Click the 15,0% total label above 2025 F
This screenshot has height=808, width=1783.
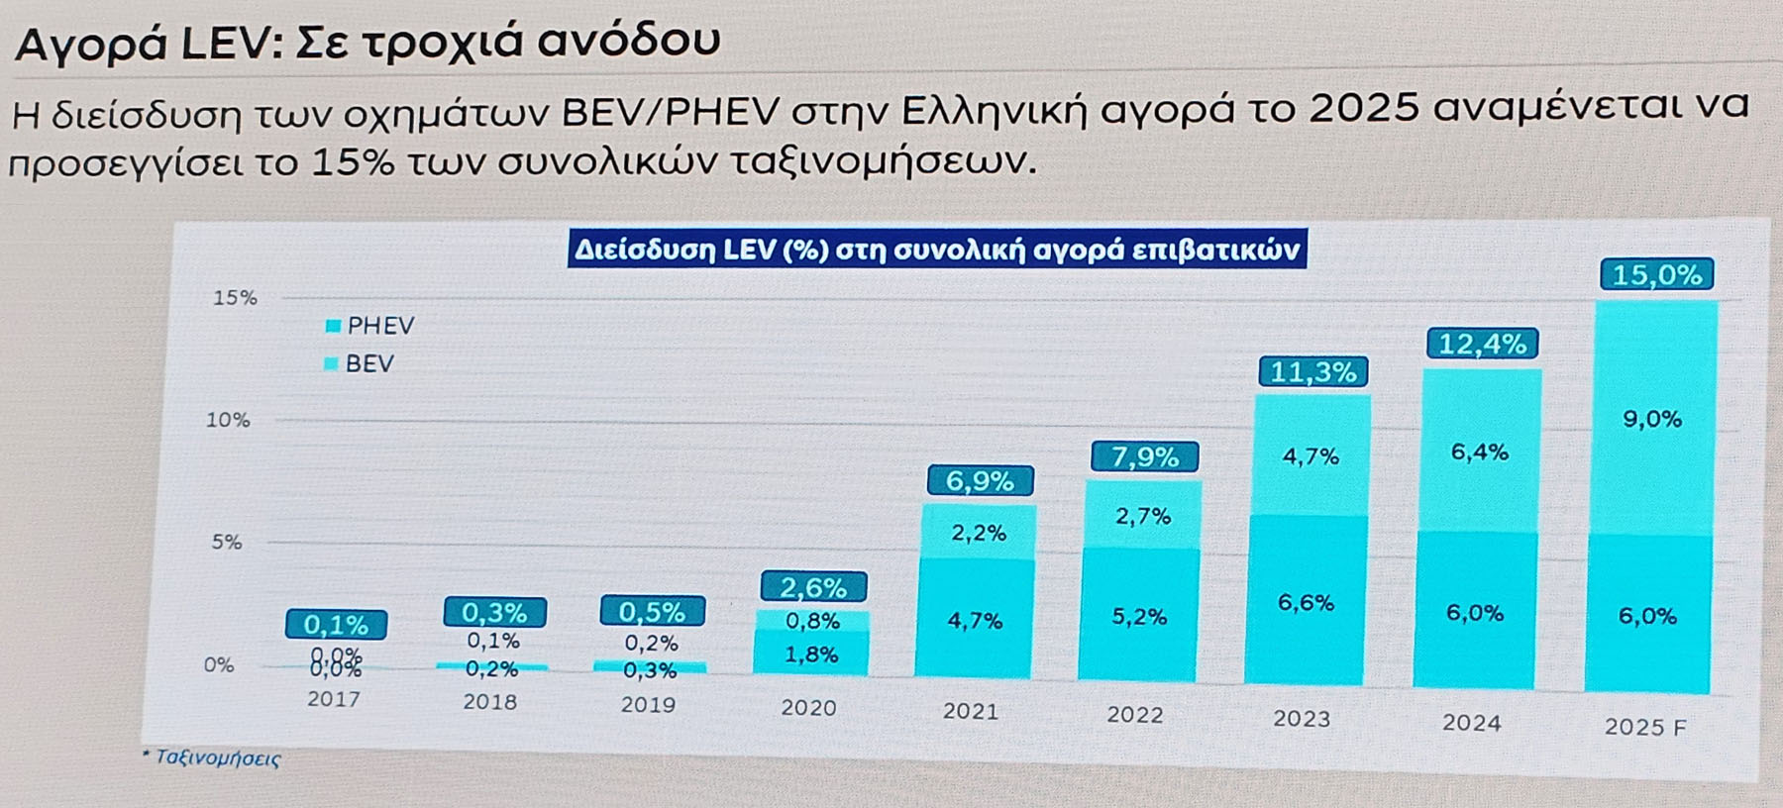click(x=1656, y=274)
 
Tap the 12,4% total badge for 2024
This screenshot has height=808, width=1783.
click(x=1482, y=344)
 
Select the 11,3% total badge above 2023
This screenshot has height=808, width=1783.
click(x=1312, y=372)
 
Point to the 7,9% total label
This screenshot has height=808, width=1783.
click(x=1144, y=456)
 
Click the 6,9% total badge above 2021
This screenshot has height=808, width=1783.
click(x=980, y=481)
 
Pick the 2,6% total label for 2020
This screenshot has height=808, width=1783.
click(x=813, y=587)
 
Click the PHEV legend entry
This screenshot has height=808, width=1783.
click(x=370, y=326)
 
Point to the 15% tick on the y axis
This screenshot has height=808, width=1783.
click(x=235, y=297)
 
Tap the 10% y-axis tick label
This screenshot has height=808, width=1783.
click(x=228, y=420)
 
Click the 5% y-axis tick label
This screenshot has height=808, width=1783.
click(x=226, y=542)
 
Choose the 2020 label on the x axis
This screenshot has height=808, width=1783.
click(x=808, y=708)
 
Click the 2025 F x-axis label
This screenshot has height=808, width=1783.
click(x=1644, y=727)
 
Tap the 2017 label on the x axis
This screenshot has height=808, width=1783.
click(x=334, y=699)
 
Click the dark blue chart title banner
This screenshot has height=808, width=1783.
click(x=937, y=250)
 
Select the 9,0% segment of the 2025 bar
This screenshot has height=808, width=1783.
click(x=1652, y=419)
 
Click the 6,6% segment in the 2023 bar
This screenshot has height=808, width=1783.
click(x=1306, y=602)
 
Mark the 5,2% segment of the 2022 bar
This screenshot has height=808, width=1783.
click(x=1139, y=616)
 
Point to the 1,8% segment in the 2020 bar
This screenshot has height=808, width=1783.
click(x=811, y=655)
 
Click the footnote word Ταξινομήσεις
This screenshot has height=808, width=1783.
click(x=218, y=758)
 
